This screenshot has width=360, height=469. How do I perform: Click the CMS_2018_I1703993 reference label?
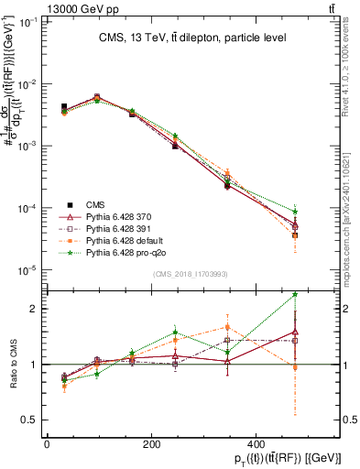coord(191,275)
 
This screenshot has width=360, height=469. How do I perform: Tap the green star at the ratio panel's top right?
coord(295,294)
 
